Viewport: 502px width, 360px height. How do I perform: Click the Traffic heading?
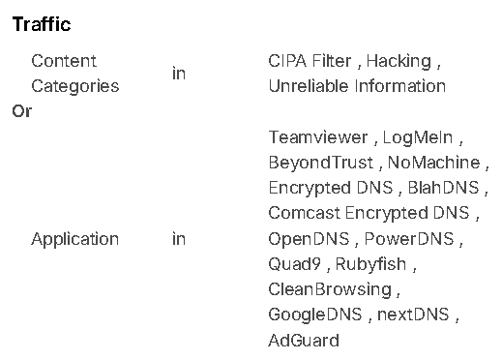pos(42,24)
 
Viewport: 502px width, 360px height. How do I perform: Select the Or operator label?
pos(22,111)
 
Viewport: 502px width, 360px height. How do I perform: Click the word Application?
pos(75,240)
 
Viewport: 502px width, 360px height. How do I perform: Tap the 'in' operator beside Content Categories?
pos(179,74)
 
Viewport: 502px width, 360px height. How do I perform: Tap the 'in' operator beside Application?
pos(179,239)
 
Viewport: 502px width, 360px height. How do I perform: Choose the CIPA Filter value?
pos(310,61)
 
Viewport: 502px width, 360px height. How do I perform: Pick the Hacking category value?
pos(399,61)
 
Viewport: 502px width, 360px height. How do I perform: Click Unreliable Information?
pos(357,86)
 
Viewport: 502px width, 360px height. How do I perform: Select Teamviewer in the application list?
pos(318,137)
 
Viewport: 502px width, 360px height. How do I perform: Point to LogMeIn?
pos(418,137)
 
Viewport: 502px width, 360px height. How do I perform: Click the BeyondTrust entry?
pos(321,163)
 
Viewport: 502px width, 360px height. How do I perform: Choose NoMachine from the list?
pos(434,163)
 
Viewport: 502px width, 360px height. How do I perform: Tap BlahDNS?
pos(444,188)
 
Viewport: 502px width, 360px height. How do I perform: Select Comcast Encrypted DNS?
pos(369,213)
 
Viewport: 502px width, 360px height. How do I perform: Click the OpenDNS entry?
pos(309,239)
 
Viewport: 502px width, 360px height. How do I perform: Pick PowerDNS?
pos(409,239)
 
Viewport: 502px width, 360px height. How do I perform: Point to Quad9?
pos(295,264)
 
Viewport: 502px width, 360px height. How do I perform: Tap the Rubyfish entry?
pos(370,264)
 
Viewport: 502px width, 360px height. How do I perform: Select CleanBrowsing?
pos(330,289)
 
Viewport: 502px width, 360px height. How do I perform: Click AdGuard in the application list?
pos(304,341)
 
